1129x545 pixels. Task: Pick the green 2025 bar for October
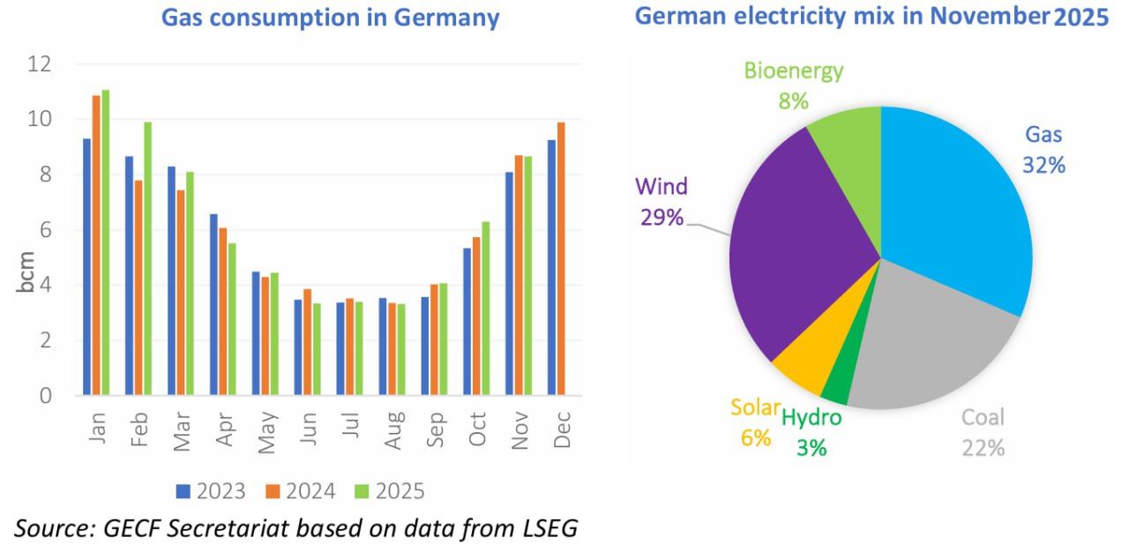pyautogui.click(x=485, y=308)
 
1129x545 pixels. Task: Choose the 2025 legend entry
pyautogui.click(x=389, y=491)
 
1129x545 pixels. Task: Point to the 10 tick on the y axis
pyautogui.click(x=40, y=119)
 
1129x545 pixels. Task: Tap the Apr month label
pyautogui.click(x=224, y=429)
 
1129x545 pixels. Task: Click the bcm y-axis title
pyautogui.click(x=26, y=273)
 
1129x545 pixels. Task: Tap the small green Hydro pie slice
pyautogui.click(x=836, y=384)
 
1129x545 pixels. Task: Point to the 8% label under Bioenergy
pyautogui.click(x=793, y=101)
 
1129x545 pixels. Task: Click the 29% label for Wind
pyautogui.click(x=662, y=217)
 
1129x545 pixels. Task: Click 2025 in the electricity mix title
pyautogui.click(x=1081, y=18)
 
